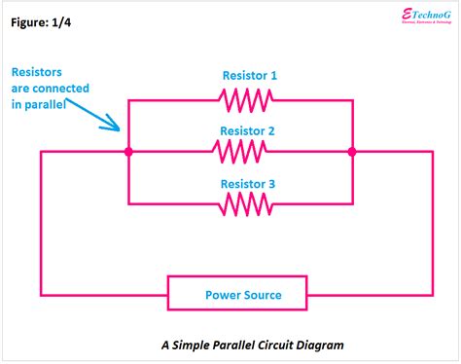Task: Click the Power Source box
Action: (237, 294)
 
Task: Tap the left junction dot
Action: (129, 152)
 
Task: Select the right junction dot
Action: (352, 152)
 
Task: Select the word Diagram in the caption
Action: (318, 345)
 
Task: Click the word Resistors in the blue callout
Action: (38, 72)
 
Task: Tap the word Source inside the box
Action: (261, 295)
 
